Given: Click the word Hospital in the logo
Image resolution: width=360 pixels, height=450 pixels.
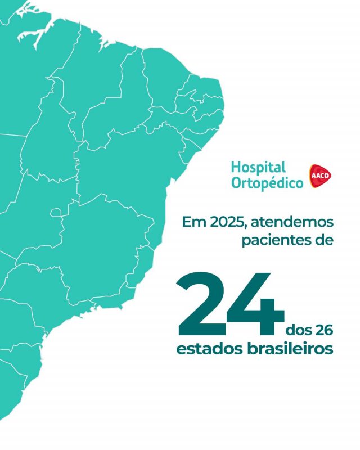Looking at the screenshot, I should tap(258, 168).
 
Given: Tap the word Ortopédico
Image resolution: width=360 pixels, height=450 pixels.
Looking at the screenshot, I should tap(267, 183).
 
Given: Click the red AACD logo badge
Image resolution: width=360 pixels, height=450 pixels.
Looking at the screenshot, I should tap(321, 176).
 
